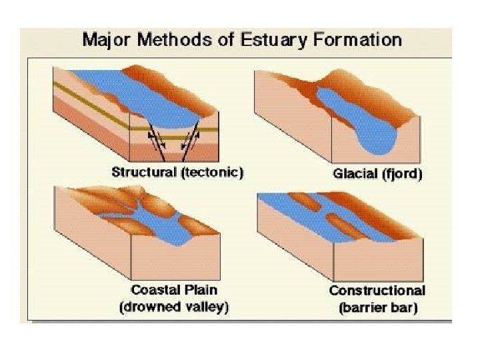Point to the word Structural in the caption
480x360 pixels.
click(x=144, y=172)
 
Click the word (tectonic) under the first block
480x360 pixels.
click(x=212, y=172)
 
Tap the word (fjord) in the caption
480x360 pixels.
click(x=403, y=175)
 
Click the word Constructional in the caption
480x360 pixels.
click(x=377, y=291)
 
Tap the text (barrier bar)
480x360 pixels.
click(x=377, y=308)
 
